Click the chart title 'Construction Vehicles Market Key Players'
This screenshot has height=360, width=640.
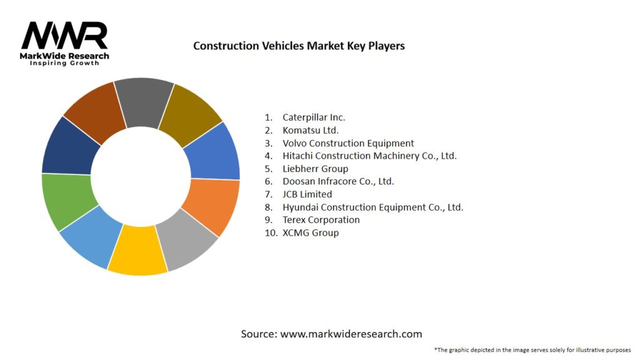coord(299,46)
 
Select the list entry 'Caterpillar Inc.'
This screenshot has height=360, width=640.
coord(313,117)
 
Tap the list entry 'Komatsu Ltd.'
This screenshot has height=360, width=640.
coord(310,130)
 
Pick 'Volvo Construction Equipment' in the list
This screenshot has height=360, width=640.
coord(347,143)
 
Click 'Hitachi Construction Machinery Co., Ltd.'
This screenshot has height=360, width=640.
coord(369,156)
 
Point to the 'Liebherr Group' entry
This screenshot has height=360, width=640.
coord(315,169)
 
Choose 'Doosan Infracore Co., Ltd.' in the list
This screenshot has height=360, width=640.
coord(338,181)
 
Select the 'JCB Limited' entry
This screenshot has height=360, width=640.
coord(307,194)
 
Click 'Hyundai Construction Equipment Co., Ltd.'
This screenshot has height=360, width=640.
coord(372,207)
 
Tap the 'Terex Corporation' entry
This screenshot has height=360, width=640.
coord(321,220)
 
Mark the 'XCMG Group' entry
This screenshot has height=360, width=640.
coord(310,232)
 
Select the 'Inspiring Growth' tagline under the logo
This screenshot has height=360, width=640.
coord(64,64)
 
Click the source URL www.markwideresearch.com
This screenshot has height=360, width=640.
coord(351,334)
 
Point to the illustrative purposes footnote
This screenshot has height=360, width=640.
coord(532,350)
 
